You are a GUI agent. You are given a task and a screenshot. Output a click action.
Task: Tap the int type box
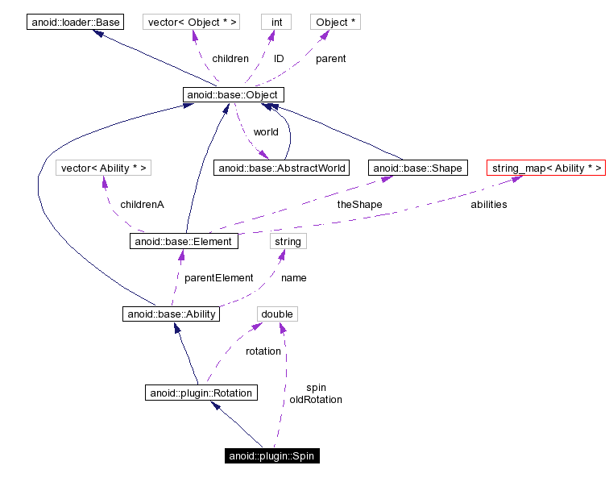[x=276, y=22]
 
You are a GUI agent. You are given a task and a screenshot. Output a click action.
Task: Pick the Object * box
[x=335, y=22]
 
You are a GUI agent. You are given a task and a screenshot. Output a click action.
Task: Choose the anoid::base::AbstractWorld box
[x=281, y=168]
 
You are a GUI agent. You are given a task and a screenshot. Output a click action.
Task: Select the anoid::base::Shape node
[x=417, y=168]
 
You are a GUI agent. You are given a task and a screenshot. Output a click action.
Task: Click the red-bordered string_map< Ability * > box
[x=545, y=168]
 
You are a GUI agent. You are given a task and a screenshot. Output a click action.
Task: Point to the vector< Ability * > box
[x=105, y=168]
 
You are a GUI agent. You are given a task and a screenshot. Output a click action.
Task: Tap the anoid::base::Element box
[x=184, y=241]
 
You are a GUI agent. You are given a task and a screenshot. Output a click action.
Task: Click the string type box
[x=288, y=241]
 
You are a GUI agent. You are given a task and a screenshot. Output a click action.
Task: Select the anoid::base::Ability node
[x=172, y=314]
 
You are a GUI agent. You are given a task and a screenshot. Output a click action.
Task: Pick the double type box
[x=277, y=314]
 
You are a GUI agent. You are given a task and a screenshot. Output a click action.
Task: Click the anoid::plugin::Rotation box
[x=201, y=393]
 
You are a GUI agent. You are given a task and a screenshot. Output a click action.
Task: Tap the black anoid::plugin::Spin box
[x=272, y=456]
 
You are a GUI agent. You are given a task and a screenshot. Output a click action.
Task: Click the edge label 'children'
[x=230, y=59]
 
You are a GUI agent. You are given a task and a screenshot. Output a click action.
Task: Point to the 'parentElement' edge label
[x=218, y=277]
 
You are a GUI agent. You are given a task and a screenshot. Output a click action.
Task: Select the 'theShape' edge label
[x=359, y=205]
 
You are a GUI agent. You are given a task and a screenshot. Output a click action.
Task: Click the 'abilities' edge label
[x=488, y=205]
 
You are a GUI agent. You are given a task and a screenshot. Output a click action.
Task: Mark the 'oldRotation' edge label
[x=316, y=400]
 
